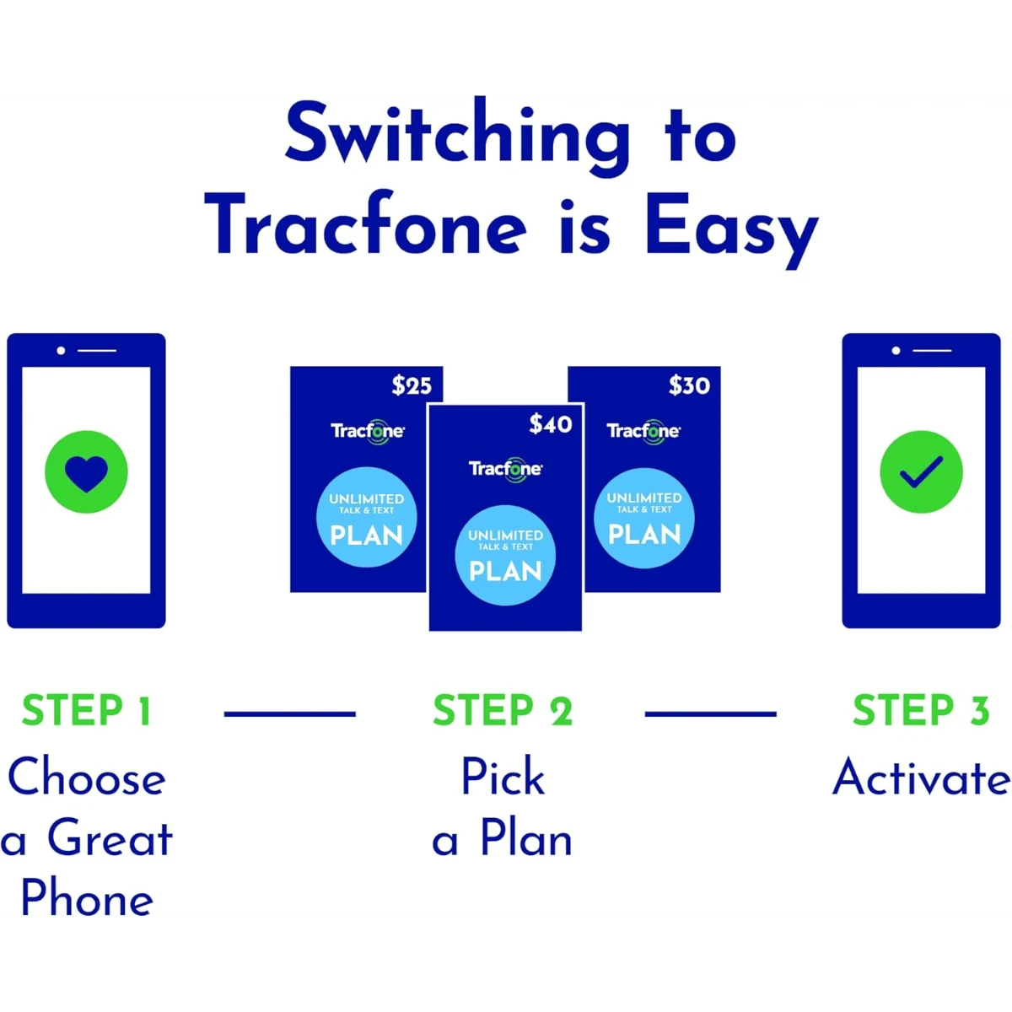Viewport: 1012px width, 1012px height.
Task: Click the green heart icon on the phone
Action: (86, 471)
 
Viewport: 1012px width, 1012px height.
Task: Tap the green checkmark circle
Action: (921, 471)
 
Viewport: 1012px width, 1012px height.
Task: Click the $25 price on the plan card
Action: (412, 385)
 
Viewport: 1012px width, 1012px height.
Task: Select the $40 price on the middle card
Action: (551, 424)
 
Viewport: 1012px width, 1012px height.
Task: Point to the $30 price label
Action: (689, 385)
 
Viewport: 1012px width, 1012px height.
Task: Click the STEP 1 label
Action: (87, 711)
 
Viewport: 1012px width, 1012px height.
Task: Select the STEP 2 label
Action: (503, 711)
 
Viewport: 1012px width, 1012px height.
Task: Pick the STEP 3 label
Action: (920, 711)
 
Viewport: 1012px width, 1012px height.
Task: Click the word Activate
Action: (921, 778)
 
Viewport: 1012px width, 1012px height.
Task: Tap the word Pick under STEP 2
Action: (503, 778)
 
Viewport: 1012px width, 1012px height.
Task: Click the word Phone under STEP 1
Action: (87, 897)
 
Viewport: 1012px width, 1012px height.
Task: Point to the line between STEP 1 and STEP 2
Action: (289, 714)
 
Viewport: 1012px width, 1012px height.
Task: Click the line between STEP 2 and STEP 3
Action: (710, 714)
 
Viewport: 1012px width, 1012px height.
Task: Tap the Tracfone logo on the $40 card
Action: (505, 469)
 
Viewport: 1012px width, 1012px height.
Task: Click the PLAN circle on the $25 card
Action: (367, 517)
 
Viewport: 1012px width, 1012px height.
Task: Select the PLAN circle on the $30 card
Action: (644, 517)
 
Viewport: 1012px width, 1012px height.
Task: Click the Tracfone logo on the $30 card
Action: (643, 431)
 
